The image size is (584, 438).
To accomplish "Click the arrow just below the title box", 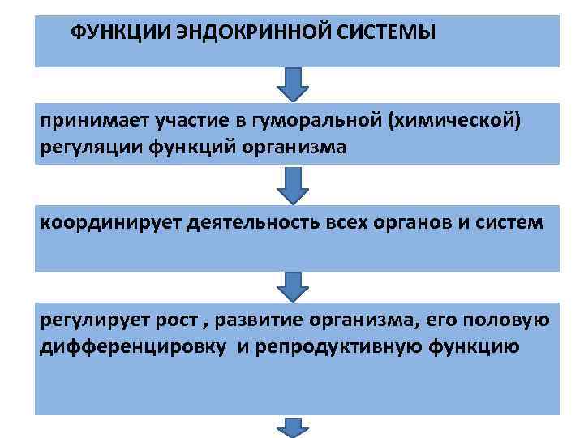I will [x=294, y=83].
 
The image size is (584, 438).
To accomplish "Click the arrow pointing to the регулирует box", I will [x=294, y=286].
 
